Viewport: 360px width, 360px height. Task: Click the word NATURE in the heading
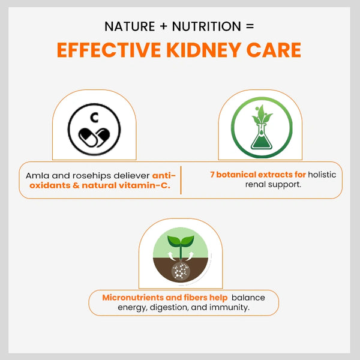tap(130, 26)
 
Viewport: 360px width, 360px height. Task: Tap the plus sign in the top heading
tap(163, 26)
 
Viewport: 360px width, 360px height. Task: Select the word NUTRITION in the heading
tap(206, 26)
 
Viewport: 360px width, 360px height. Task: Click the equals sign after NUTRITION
tap(250, 26)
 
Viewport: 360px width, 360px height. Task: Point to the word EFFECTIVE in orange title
tap(109, 50)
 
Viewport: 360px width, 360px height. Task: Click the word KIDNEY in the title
tap(203, 50)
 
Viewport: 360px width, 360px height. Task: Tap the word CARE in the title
tap(274, 50)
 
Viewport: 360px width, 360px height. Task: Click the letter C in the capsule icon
tap(94, 118)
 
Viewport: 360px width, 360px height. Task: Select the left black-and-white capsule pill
tap(88, 137)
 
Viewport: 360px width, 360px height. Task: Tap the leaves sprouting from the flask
tap(262, 115)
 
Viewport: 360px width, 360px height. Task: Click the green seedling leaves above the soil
tap(181, 241)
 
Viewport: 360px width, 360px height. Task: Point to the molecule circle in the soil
tap(181, 271)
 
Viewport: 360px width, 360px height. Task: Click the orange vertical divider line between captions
tap(181, 180)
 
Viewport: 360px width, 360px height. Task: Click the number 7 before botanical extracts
tap(212, 175)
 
